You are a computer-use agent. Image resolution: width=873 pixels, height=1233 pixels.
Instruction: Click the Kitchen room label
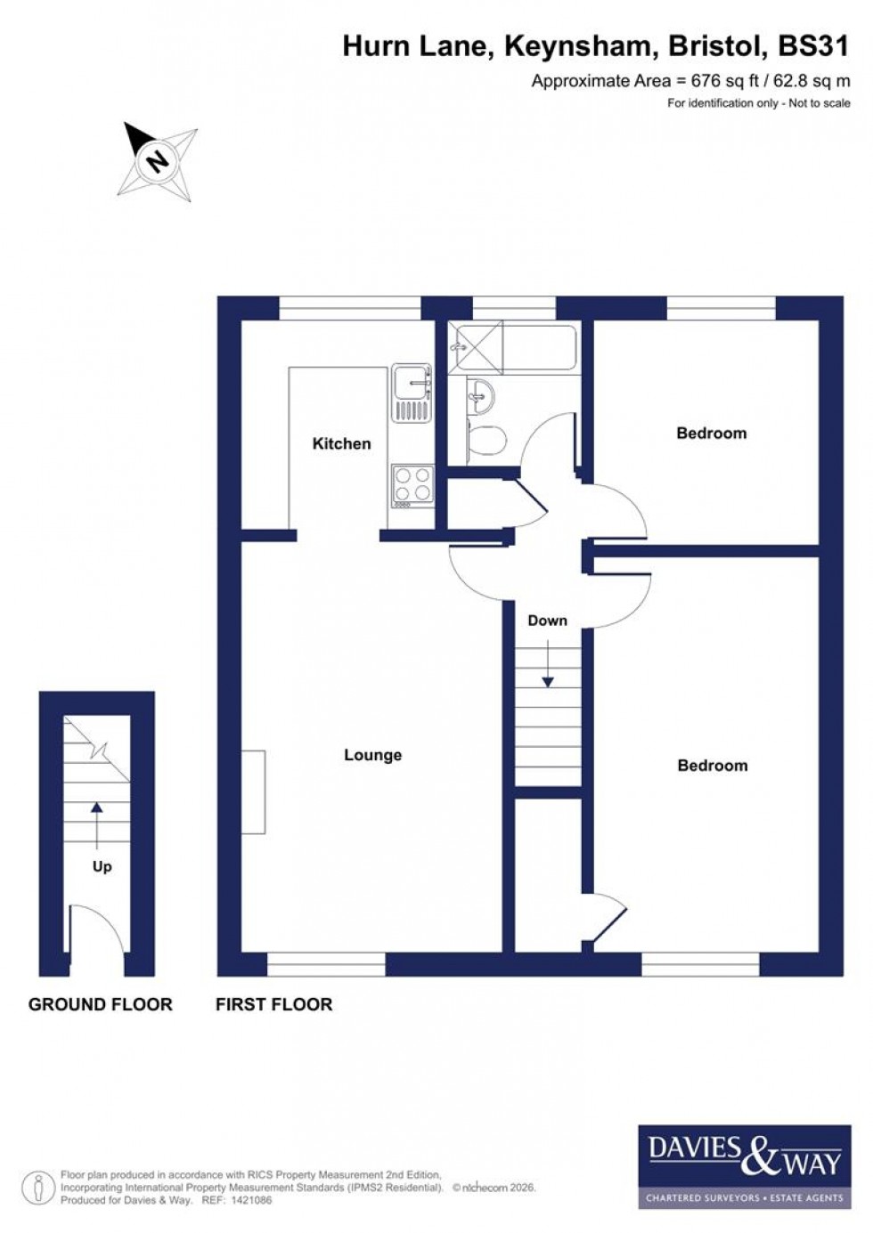[341, 443]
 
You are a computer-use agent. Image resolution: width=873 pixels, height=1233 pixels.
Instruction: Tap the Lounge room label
[372, 755]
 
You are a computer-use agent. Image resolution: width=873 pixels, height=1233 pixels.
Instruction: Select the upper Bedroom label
[711, 434]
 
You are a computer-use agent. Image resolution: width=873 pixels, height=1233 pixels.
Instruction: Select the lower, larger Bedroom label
[712, 766]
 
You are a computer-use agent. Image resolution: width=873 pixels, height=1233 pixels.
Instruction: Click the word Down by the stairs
[547, 621]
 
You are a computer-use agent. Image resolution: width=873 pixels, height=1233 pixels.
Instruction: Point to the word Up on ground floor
[102, 866]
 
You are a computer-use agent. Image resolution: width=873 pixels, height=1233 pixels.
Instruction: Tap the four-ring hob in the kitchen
[412, 484]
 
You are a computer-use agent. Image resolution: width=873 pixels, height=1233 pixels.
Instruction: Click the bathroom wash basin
[480, 394]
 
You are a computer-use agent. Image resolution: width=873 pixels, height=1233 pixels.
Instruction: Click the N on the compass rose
[158, 161]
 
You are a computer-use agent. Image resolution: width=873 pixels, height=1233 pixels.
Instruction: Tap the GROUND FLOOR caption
[100, 1004]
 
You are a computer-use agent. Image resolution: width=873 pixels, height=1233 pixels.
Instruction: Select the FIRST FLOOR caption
[273, 1004]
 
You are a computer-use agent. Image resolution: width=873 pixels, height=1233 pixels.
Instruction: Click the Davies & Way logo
[744, 1166]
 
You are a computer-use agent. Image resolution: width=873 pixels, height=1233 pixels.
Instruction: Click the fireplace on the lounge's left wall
[253, 792]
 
